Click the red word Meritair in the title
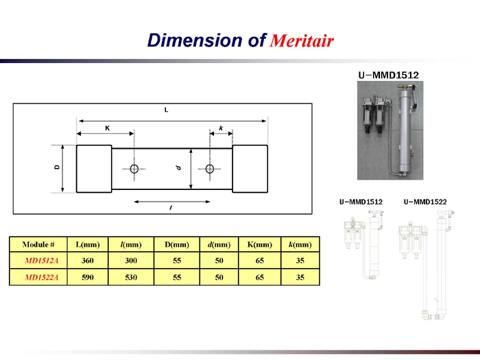302,40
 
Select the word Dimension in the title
195,40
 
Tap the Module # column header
38,245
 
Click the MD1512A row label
41,261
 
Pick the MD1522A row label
41,277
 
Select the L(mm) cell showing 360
88,261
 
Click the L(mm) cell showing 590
88,277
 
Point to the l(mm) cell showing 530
131,277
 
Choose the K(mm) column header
260,245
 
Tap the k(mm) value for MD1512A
300,261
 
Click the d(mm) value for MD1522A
219,277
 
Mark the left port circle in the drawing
134,169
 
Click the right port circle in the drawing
210,169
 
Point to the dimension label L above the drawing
166,110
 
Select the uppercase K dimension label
108,128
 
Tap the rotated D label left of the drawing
57,167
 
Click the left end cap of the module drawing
94,169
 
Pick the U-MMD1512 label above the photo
389,75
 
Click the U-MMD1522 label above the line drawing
425,202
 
